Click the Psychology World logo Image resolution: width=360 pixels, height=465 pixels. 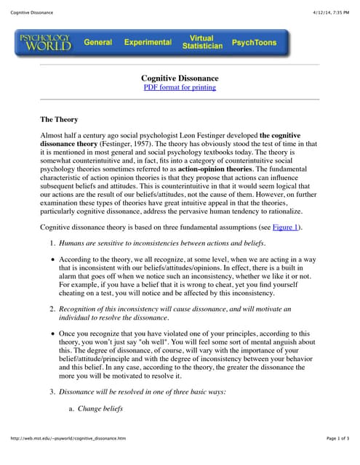pyautogui.click(x=45, y=42)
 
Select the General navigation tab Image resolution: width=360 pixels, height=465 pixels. pyautogui.click(x=97, y=42)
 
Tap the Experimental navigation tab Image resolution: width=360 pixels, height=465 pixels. pyautogui.click(x=147, y=42)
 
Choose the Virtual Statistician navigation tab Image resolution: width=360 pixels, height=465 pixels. pyautogui.click(x=201, y=41)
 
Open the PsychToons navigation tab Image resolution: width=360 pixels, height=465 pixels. pyautogui.click(x=254, y=42)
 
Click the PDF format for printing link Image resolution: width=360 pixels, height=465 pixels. pyautogui.click(x=180, y=87)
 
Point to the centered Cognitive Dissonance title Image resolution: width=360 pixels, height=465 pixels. pyautogui.click(x=180, y=78)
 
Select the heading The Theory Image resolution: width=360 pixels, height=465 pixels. pyautogui.click(x=59, y=119)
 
